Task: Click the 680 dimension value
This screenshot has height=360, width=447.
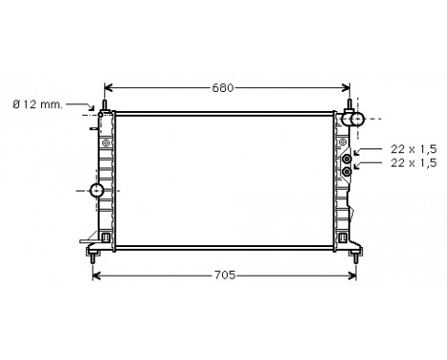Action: [x=222, y=89]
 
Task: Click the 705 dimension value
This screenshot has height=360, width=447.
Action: [x=224, y=277]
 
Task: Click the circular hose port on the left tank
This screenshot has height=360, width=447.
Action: [x=97, y=191]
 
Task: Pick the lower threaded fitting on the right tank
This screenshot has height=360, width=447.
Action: [x=346, y=172]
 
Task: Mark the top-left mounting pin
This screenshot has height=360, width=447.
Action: [x=103, y=104]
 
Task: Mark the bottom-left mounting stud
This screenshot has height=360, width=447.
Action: [x=93, y=254]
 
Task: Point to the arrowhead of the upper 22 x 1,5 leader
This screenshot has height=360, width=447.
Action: [x=355, y=153]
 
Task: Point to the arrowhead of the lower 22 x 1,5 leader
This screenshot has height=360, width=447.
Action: [x=355, y=167]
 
